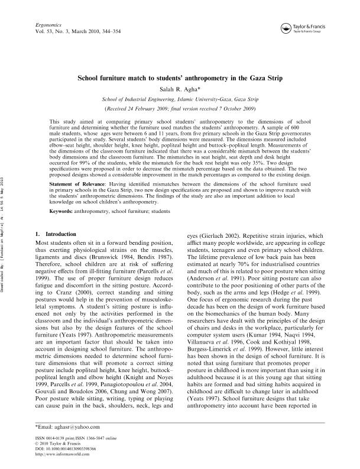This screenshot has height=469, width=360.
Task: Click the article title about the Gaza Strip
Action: pos(179,78)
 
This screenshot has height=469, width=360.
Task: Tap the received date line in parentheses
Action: pos(179,109)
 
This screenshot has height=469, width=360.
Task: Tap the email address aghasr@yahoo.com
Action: pos(65,426)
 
